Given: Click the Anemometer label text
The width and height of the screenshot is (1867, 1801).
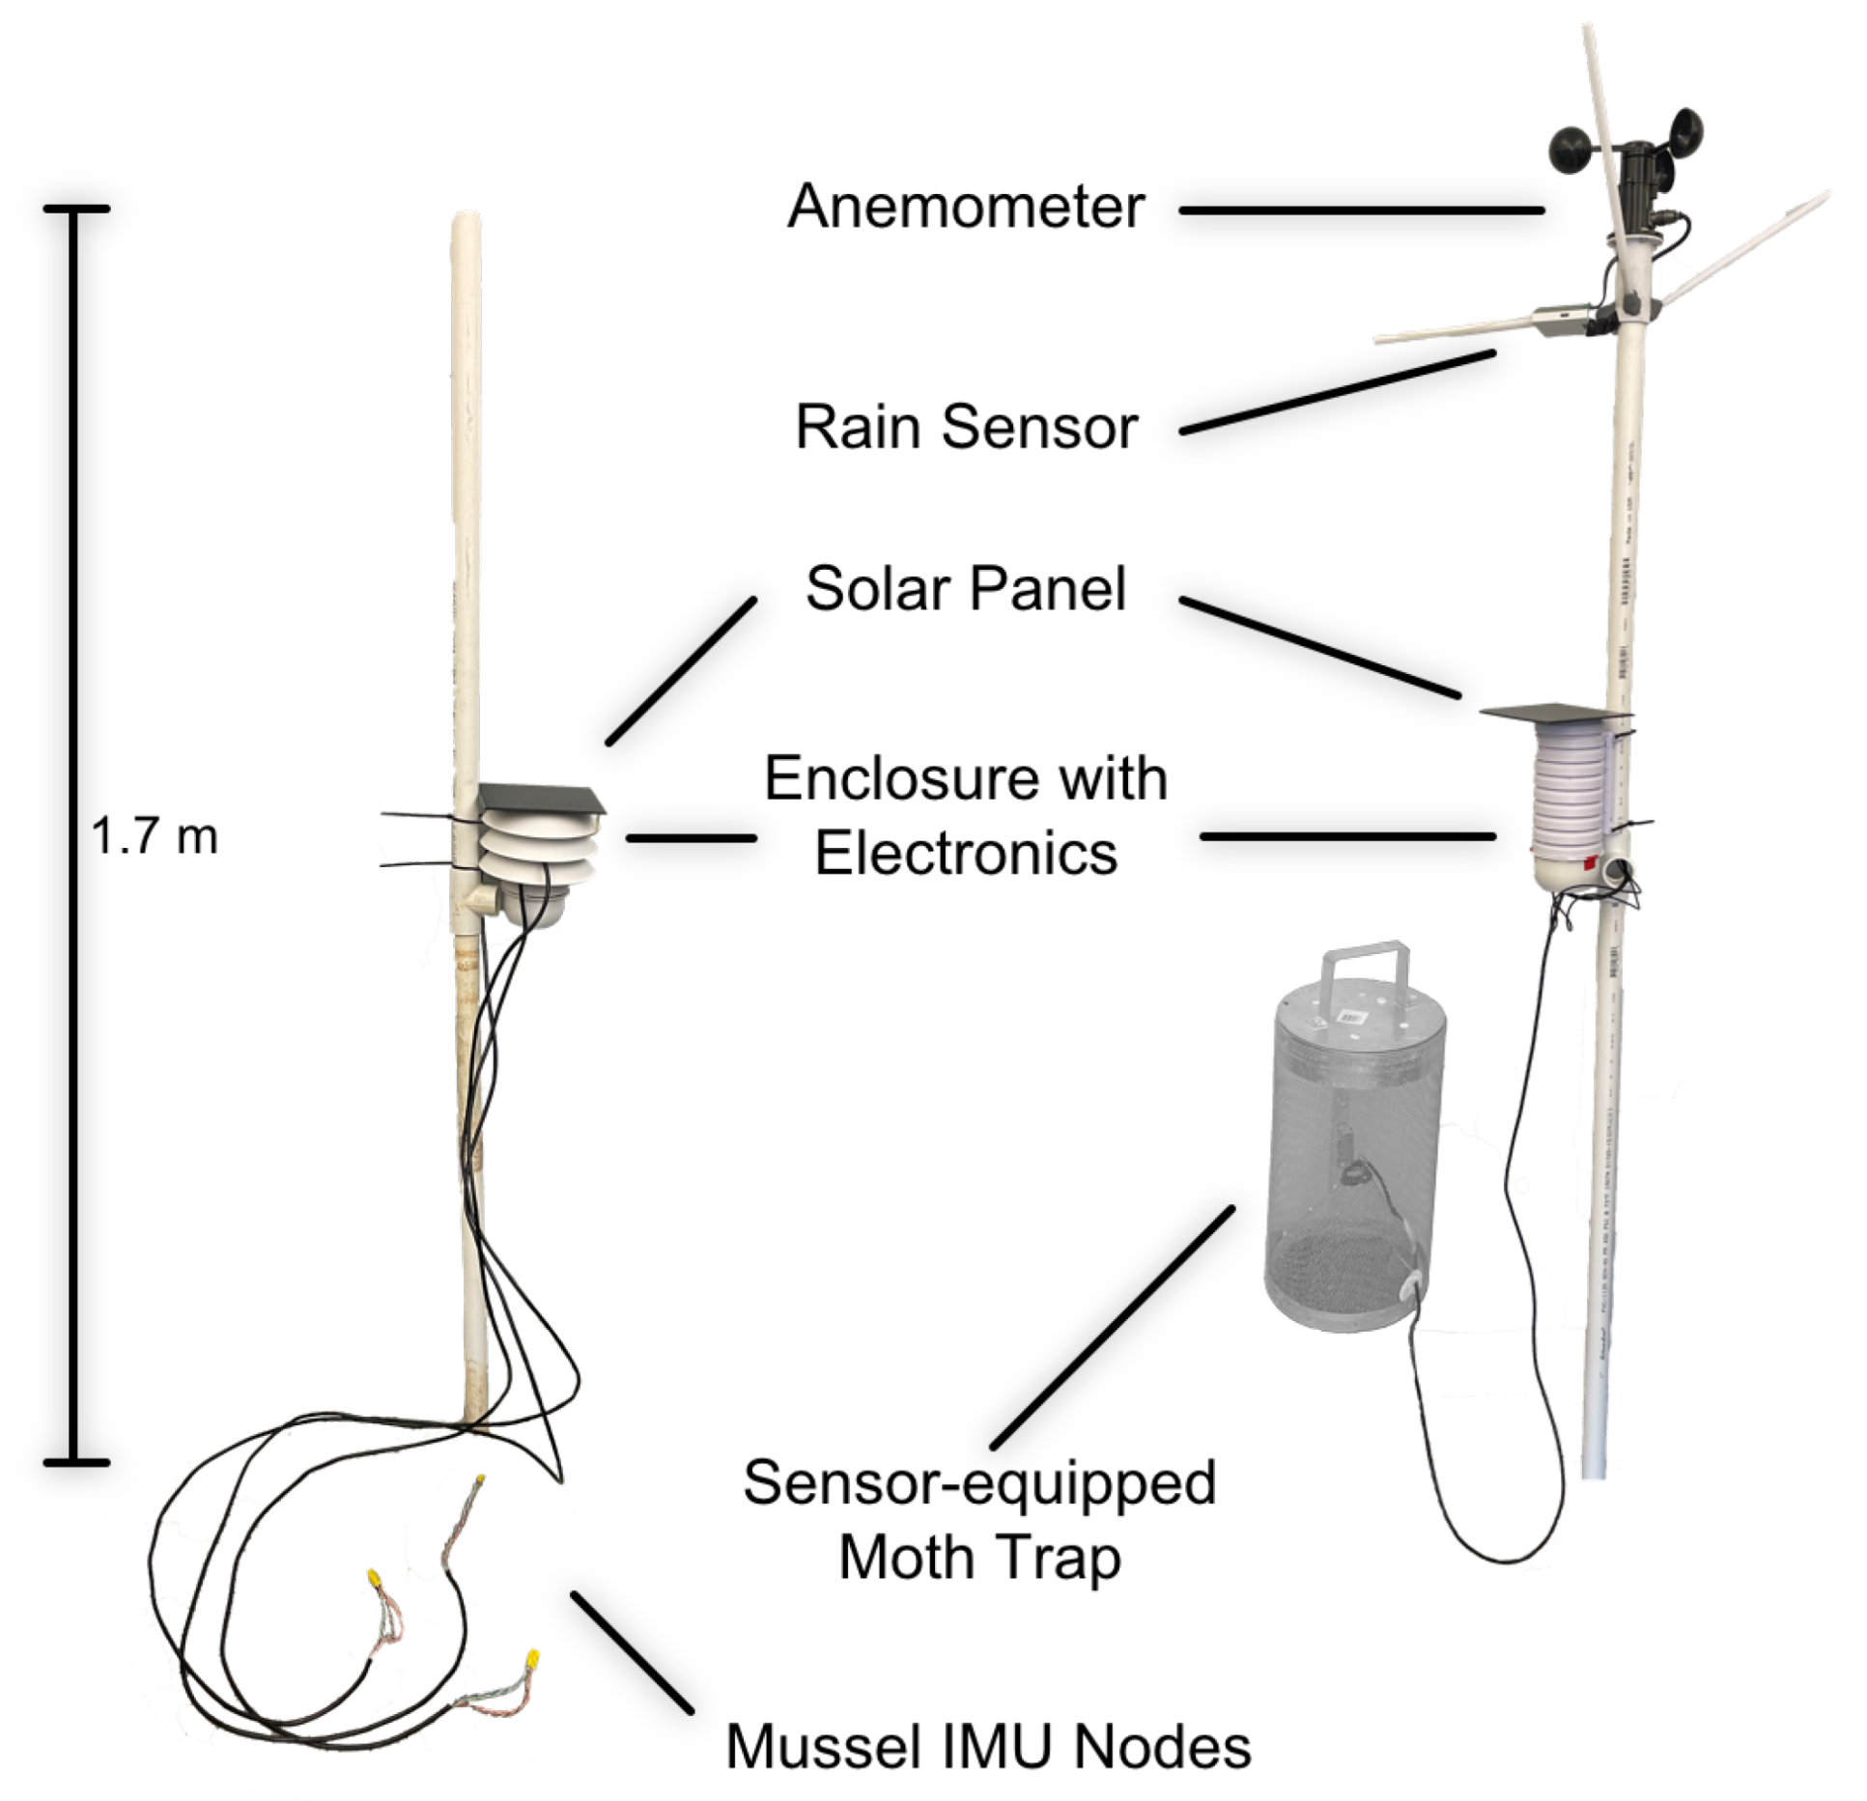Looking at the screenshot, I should click(965, 207).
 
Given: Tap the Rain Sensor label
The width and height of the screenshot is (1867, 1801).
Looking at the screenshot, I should click(965, 427).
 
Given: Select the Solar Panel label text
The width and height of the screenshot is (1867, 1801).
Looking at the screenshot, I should click(965, 588).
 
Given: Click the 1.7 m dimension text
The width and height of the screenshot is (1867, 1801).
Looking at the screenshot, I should click(155, 835).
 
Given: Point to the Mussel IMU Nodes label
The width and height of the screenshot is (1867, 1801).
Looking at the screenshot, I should click(987, 1746).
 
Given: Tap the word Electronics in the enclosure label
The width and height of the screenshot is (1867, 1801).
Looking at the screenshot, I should click(965, 854).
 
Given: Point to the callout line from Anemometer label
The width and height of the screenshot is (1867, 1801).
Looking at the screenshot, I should click(1360, 210).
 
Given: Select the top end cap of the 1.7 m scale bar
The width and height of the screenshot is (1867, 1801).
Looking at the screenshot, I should click(76, 209).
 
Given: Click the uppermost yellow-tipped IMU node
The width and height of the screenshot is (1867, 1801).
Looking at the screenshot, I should click(480, 1480).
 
